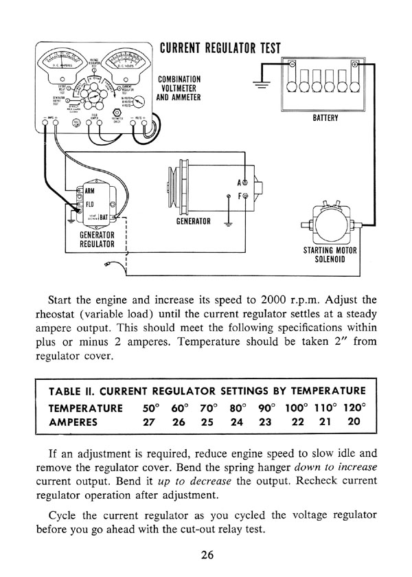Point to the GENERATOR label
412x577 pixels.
194,221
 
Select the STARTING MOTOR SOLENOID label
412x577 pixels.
324,256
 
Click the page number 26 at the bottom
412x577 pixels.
206,554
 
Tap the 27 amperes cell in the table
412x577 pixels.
151,421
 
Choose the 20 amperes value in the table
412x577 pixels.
354,421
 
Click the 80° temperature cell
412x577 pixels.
238,407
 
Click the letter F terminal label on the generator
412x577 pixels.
240,196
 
